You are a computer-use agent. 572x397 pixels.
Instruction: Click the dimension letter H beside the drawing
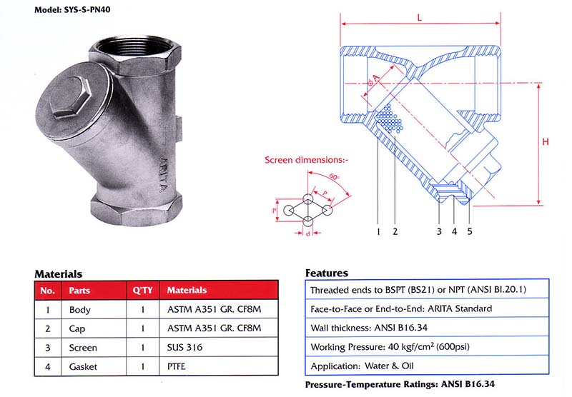[546, 142]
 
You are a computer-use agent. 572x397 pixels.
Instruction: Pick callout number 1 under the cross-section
[377, 231]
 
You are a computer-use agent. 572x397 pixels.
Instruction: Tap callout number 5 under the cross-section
[469, 231]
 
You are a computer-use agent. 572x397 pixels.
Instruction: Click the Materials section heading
[58, 273]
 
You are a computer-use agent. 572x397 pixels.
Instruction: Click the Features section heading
[326, 273]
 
